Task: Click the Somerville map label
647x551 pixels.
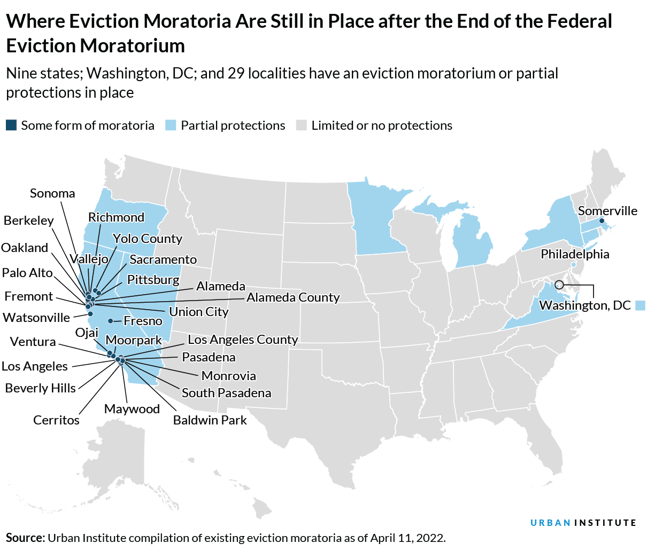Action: point(607,211)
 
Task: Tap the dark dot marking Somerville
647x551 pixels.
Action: point(602,221)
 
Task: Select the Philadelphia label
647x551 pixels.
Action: point(575,254)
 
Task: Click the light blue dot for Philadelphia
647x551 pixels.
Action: point(574,265)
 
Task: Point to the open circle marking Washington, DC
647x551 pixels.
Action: point(559,285)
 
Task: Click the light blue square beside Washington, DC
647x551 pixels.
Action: point(640,305)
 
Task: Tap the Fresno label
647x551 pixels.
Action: point(143,321)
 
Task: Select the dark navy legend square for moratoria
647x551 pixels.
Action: point(11,125)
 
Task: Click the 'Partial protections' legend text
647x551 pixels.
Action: point(233,125)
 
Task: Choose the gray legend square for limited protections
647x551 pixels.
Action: point(302,125)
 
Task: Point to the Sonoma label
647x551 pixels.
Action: point(52,193)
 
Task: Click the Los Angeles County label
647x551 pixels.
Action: point(243,340)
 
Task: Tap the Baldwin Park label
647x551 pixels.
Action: point(210,420)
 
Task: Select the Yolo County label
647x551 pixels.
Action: point(148,239)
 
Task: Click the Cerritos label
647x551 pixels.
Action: point(56,420)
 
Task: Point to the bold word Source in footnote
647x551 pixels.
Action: point(25,538)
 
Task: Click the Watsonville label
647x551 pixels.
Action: point(36,318)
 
